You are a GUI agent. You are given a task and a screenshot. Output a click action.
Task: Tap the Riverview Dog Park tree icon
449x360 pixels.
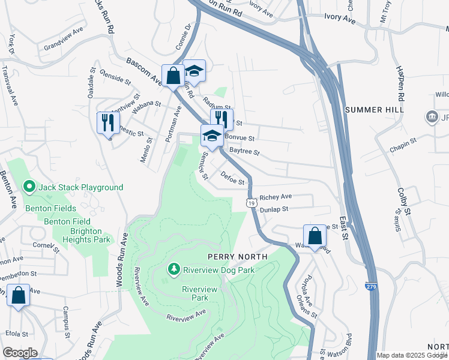[175, 269]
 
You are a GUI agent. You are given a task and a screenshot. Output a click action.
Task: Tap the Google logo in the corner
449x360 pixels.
[20, 353]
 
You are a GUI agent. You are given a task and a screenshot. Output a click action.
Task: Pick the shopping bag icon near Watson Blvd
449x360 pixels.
[315, 236]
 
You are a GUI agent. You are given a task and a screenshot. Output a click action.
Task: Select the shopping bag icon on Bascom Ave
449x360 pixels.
[173, 76]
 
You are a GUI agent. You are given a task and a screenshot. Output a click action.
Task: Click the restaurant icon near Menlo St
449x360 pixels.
[108, 123]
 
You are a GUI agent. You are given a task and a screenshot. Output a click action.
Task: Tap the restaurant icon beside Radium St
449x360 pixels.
[221, 119]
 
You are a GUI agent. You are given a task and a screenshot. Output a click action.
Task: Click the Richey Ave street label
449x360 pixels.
[276, 197]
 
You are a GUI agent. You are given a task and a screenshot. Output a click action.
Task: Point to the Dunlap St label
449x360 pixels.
[275, 209]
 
